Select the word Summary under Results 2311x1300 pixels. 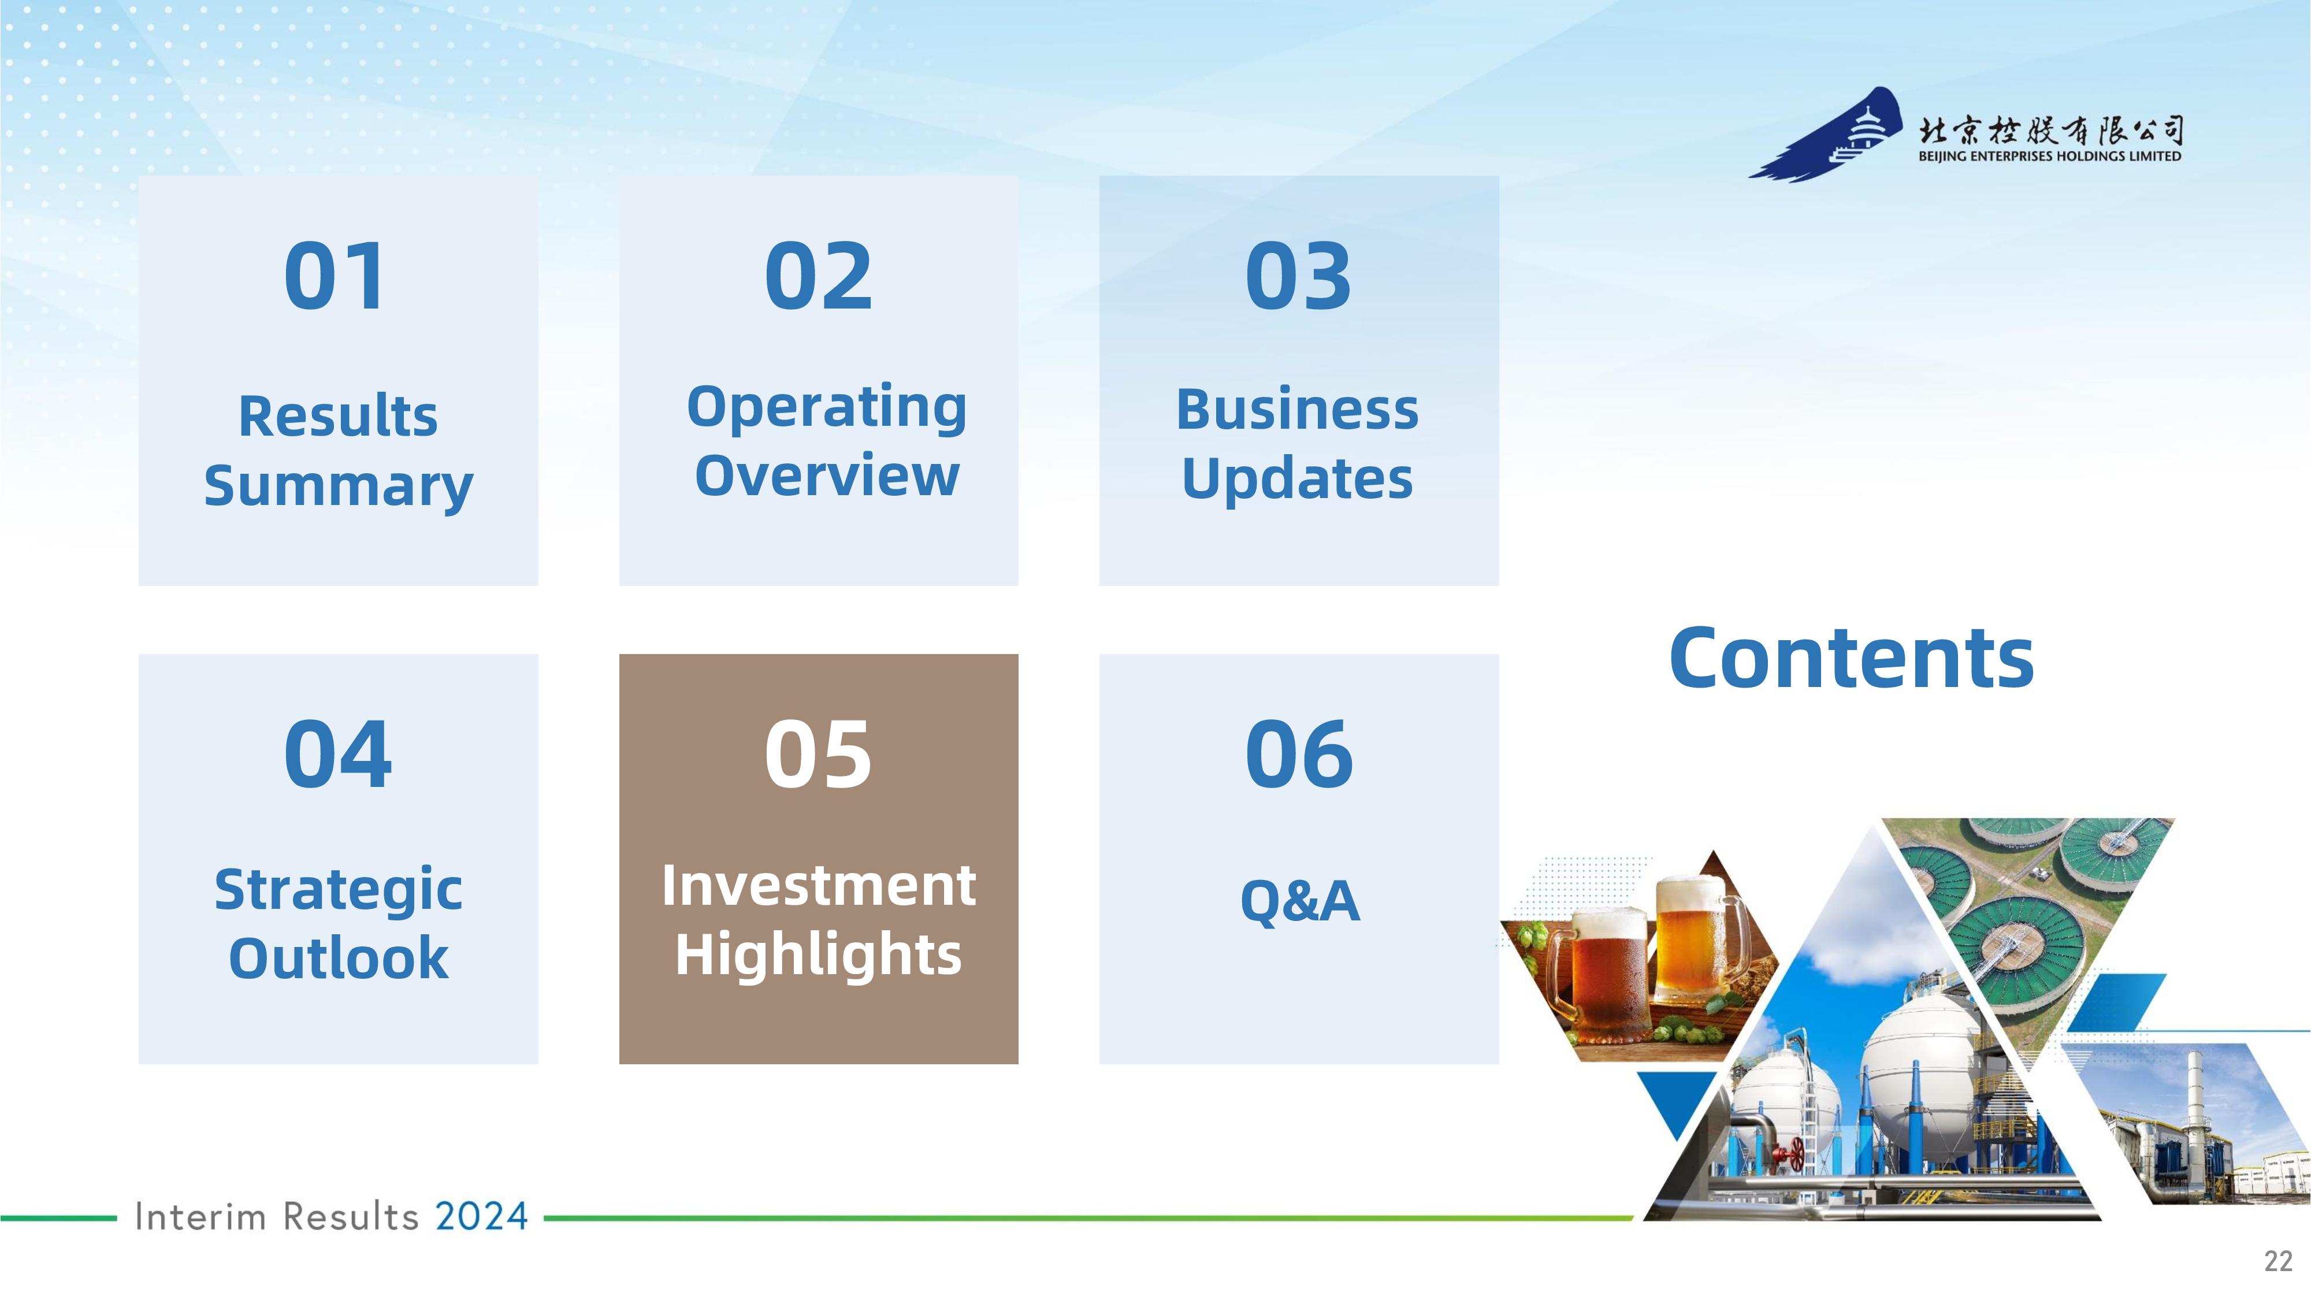coord(338,487)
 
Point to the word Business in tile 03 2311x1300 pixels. coord(1297,410)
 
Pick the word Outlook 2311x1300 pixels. coord(338,958)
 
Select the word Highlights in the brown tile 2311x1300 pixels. coord(818,954)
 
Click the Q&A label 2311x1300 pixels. coord(1299,901)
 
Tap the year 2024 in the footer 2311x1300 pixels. coord(482,1217)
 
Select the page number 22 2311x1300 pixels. coord(2278,1261)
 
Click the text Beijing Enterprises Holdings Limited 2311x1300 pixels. coord(2050,156)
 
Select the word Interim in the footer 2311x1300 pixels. coord(200,1217)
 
